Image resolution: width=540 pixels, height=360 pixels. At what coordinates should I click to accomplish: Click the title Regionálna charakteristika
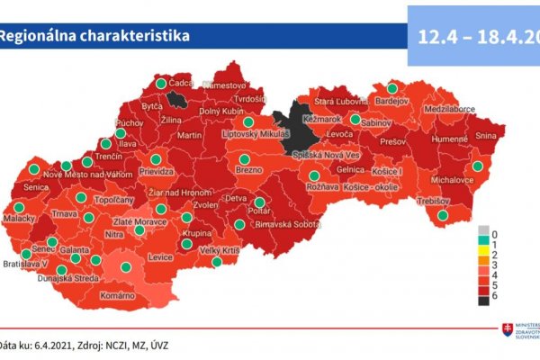tap(94, 37)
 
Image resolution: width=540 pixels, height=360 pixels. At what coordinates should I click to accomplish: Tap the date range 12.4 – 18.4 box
tap(473, 36)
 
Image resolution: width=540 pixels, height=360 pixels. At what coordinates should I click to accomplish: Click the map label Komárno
tap(118, 296)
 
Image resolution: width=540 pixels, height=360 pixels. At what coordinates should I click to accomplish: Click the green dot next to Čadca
tap(161, 84)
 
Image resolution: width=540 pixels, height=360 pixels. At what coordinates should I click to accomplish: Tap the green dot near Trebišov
tap(442, 215)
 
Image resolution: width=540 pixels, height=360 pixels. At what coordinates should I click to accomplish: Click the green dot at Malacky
tap(19, 207)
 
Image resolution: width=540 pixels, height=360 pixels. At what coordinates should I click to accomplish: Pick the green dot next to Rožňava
tap(313, 176)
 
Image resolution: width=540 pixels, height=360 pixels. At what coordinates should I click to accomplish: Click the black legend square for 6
tap(484, 300)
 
